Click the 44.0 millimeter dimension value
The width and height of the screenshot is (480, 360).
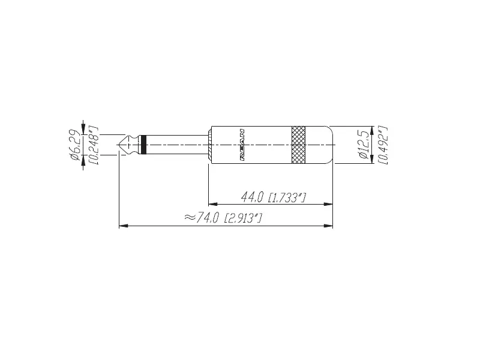(253, 197)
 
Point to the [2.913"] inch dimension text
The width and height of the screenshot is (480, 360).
(242, 218)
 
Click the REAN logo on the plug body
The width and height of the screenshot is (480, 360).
(241, 145)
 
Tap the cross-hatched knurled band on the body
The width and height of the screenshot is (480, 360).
(298, 145)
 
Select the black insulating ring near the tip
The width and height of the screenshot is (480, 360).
(142, 145)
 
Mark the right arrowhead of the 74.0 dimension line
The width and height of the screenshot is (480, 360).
(329, 226)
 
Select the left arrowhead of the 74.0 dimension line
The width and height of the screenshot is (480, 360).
(123, 226)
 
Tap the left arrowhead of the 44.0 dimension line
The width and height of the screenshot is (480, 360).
(211, 205)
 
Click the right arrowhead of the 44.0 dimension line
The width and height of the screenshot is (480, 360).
(329, 205)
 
